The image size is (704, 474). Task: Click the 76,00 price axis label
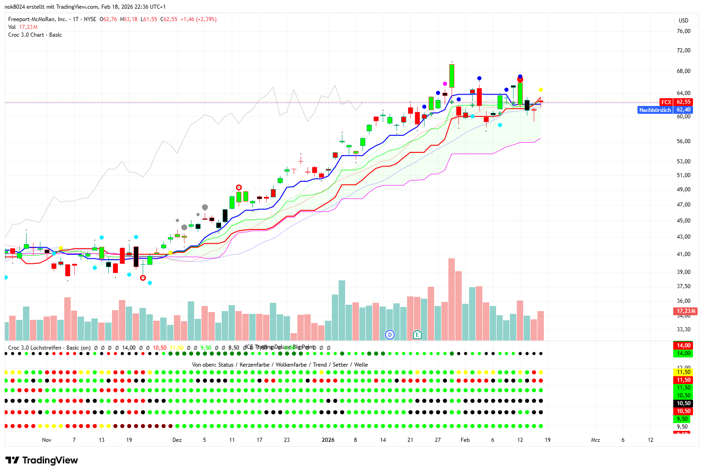(683, 31)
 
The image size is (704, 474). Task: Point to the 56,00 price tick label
(683, 141)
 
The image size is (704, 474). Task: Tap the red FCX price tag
(666, 102)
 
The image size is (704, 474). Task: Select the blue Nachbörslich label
(655, 110)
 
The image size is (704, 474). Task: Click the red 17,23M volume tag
(686, 311)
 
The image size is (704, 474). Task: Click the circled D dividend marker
(390, 335)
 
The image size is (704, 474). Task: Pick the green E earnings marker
(417, 335)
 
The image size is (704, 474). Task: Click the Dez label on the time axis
(177, 440)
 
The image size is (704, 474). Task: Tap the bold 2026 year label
(328, 440)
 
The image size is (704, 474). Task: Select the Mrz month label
(595, 440)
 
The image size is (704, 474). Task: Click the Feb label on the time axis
(465, 440)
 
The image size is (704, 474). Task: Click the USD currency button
(683, 20)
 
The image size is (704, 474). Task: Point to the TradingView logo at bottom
(42, 460)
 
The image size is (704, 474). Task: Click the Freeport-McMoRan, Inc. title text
(38, 19)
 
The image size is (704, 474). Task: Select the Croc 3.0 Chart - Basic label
(35, 35)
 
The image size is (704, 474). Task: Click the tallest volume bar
(452, 299)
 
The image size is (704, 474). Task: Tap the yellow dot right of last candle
(541, 89)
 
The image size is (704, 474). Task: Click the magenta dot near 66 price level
(445, 84)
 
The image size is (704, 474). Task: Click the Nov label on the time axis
(46, 440)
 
